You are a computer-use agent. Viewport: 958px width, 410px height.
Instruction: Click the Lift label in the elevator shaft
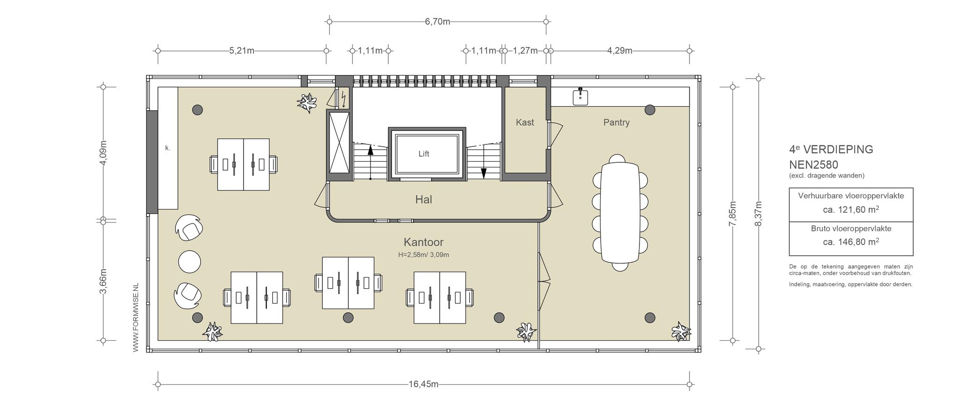coord(423,154)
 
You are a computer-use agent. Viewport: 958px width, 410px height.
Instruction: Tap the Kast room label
coord(525,122)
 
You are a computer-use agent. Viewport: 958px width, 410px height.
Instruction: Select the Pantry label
coord(616,122)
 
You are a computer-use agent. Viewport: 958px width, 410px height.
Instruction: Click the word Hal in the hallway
coord(423,200)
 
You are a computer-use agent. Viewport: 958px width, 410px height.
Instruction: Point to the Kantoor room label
coord(423,242)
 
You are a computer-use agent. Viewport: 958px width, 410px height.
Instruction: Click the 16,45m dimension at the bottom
coord(423,384)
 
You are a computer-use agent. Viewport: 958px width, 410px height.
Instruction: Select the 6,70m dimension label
coord(437,22)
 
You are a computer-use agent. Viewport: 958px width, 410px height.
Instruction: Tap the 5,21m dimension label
coord(242,50)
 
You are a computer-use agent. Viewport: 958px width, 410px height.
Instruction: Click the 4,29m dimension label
coord(619,50)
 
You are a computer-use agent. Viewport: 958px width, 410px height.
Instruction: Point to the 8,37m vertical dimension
coord(758,214)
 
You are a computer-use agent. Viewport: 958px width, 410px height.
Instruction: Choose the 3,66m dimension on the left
coord(103,281)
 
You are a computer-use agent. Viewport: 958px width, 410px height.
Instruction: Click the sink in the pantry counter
coord(580,96)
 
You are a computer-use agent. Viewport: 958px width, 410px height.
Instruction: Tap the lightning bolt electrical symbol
coord(344,99)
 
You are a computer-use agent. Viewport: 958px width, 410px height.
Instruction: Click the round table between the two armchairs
coord(189,261)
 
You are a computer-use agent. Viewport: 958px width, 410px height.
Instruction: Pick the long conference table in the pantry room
coord(620,213)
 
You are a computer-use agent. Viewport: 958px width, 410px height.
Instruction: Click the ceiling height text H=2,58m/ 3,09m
coord(423,255)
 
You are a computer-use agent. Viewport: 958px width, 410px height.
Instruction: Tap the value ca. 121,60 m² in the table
coord(851,209)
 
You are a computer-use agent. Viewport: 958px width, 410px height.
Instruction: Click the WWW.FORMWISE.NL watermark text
coord(136,317)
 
